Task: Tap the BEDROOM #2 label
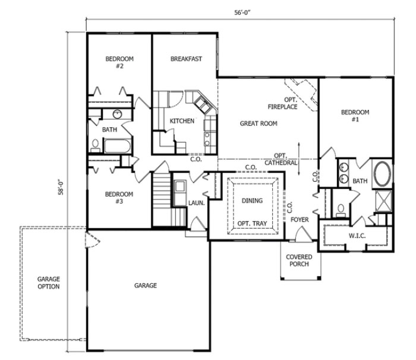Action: (119, 62)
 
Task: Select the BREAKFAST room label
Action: (186, 59)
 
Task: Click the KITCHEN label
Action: (182, 121)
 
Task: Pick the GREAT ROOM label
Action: (259, 124)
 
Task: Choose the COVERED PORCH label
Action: (300, 260)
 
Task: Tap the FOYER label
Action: (300, 220)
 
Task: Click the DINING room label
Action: (252, 201)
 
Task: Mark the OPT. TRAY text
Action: (252, 224)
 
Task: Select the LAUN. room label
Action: (197, 203)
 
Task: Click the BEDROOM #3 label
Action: (119, 197)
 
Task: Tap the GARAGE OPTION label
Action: (49, 282)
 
